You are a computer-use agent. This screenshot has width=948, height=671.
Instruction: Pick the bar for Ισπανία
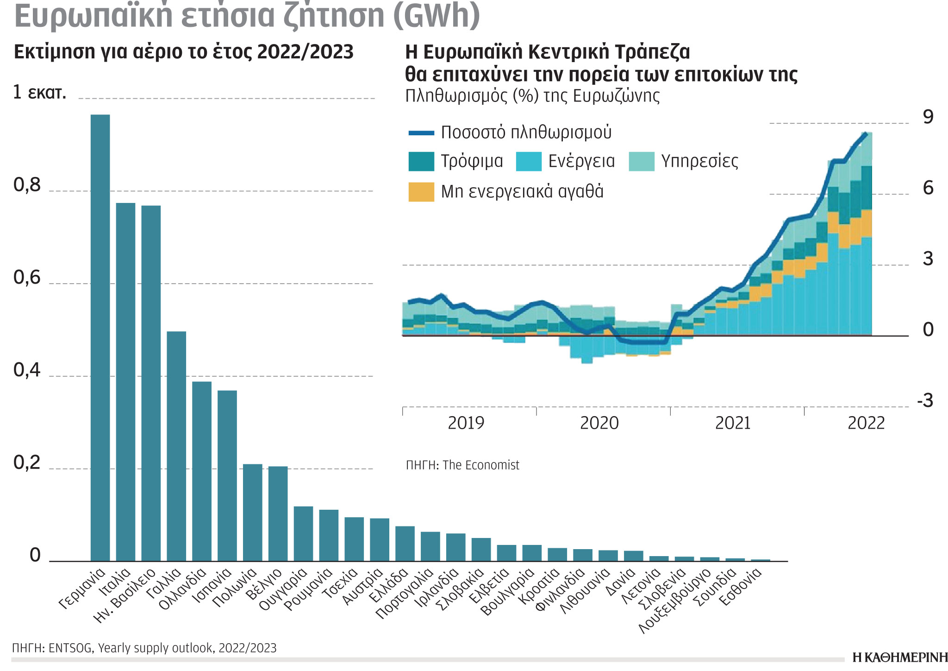pyautogui.click(x=227, y=475)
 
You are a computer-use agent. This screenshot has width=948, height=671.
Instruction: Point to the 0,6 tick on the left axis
pyautogui.click(x=27, y=278)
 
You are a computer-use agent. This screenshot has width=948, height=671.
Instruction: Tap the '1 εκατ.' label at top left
pyautogui.click(x=39, y=92)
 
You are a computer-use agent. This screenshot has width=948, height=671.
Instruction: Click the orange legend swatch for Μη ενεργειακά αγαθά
pyautogui.click(x=421, y=192)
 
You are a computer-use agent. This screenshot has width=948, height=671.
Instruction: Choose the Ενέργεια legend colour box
pyautogui.click(x=529, y=161)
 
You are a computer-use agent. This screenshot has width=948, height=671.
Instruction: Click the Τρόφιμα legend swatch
pyautogui.click(x=421, y=161)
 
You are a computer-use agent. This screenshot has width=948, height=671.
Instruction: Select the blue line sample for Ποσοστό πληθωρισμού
pyautogui.click(x=421, y=133)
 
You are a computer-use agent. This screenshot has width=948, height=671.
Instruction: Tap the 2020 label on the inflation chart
pyautogui.click(x=599, y=423)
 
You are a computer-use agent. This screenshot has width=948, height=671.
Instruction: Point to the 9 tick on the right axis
pyautogui.click(x=928, y=117)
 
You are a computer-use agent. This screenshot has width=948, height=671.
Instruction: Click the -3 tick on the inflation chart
pyautogui.click(x=925, y=401)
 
